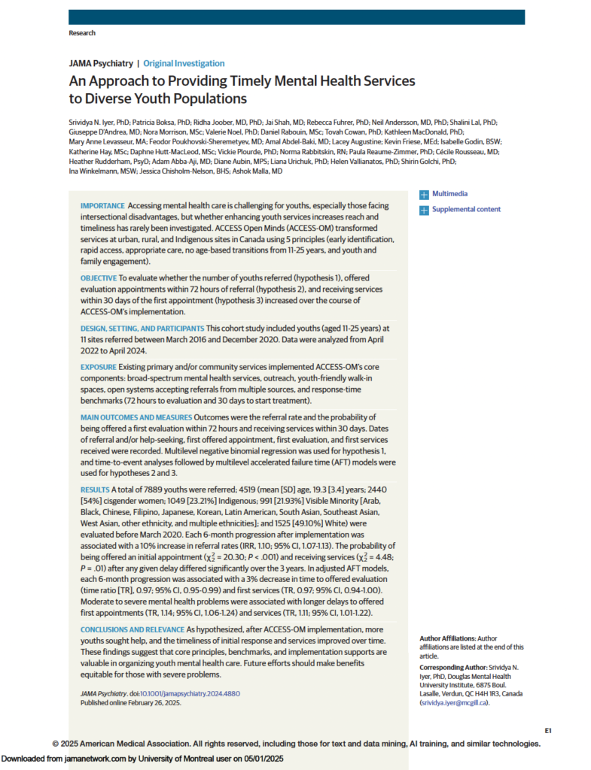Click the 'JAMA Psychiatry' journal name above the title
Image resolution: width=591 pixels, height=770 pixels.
pos(101,64)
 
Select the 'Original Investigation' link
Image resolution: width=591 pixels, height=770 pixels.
pos(184,64)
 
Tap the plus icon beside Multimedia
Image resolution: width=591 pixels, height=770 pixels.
pos(424,195)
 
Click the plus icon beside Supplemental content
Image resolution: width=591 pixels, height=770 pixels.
pos(424,210)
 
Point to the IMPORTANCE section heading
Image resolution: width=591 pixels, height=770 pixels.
pos(103,206)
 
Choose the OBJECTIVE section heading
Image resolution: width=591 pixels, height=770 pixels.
pos(98,277)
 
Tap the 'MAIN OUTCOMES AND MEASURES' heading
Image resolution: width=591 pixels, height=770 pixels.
pos(136,417)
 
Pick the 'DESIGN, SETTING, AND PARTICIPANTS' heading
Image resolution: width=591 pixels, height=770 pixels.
pos(142,329)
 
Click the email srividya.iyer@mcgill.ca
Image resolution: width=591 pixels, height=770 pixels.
pos(455,702)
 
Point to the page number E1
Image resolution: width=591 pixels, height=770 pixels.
pos(548,730)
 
